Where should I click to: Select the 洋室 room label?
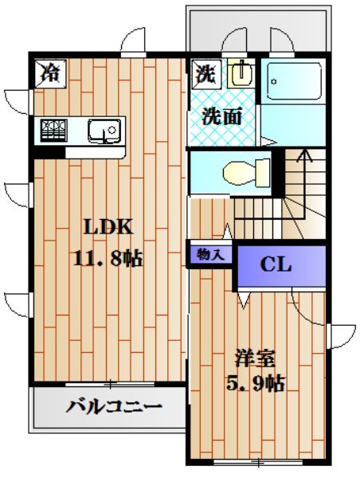point(249,356)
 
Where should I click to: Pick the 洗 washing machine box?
point(205,74)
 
